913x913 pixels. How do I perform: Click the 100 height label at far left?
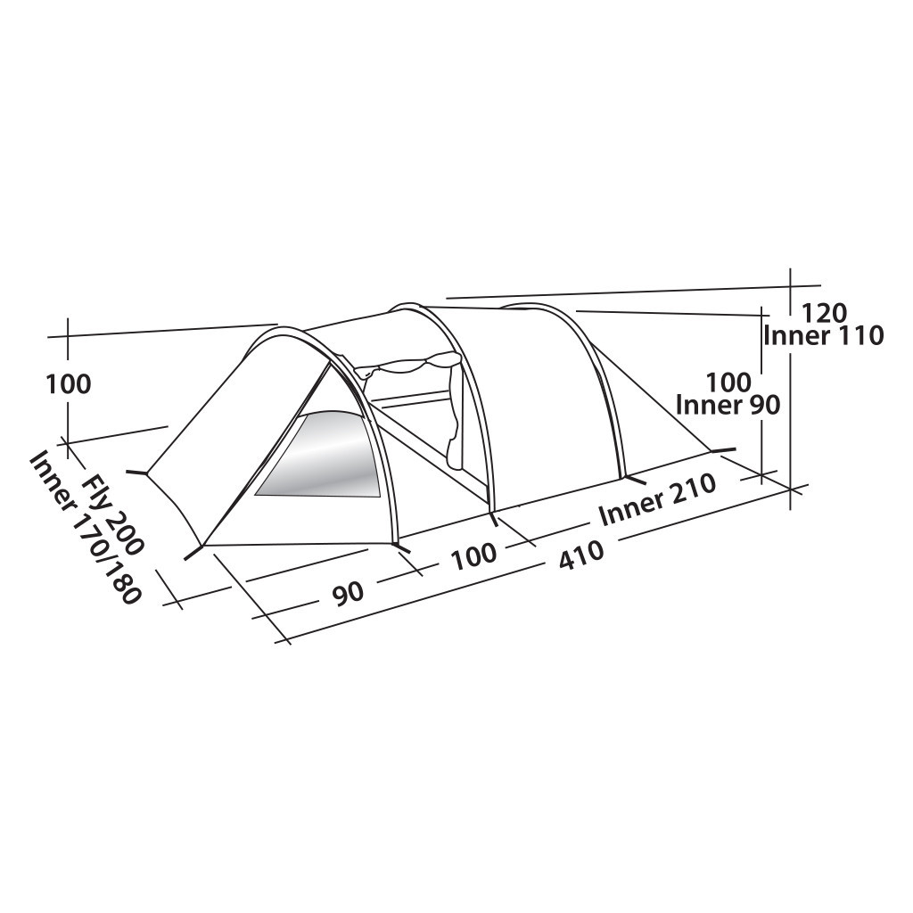click(x=69, y=384)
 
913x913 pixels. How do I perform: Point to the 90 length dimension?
click(x=350, y=591)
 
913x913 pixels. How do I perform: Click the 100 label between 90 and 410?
click(x=473, y=555)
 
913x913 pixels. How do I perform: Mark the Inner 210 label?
click(x=657, y=499)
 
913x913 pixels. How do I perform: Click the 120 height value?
click(x=824, y=313)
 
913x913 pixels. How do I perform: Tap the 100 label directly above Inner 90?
click(x=728, y=382)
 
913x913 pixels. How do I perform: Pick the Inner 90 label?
click(x=728, y=405)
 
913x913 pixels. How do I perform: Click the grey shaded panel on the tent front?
click(x=325, y=456)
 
